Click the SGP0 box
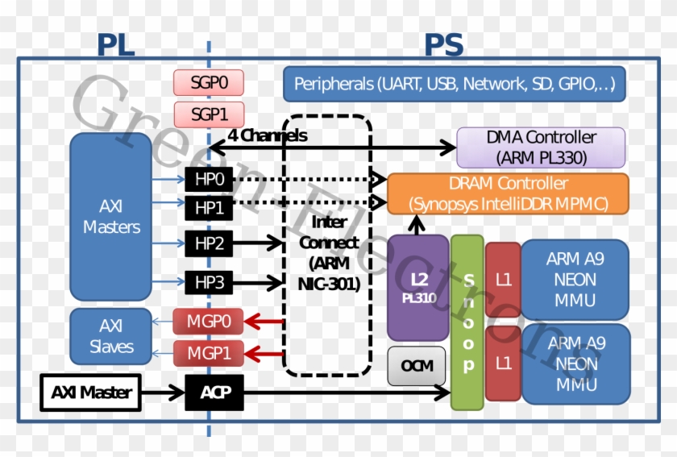(x=208, y=82)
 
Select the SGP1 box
(x=208, y=113)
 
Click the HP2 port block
(x=209, y=242)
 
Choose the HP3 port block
(x=209, y=282)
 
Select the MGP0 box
(x=209, y=322)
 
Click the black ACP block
(x=214, y=393)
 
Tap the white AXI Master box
(x=90, y=393)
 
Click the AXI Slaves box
(x=110, y=337)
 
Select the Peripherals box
(x=454, y=84)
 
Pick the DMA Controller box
(x=541, y=147)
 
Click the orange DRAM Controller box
(x=508, y=193)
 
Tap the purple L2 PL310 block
(x=417, y=287)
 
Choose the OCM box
(x=417, y=366)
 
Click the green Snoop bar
(x=467, y=322)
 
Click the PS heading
(x=443, y=45)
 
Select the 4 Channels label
(x=267, y=136)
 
